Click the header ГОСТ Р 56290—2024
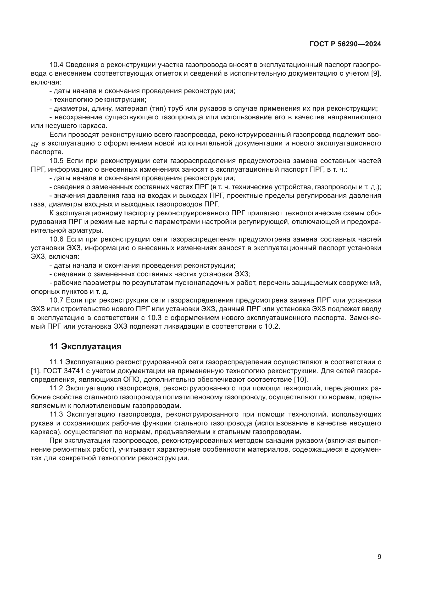click(x=345, y=44)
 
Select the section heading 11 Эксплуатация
click(x=85, y=346)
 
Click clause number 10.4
click(x=56, y=65)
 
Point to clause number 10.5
click(x=56, y=161)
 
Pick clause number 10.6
click(x=56, y=239)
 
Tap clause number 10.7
click(x=56, y=300)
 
